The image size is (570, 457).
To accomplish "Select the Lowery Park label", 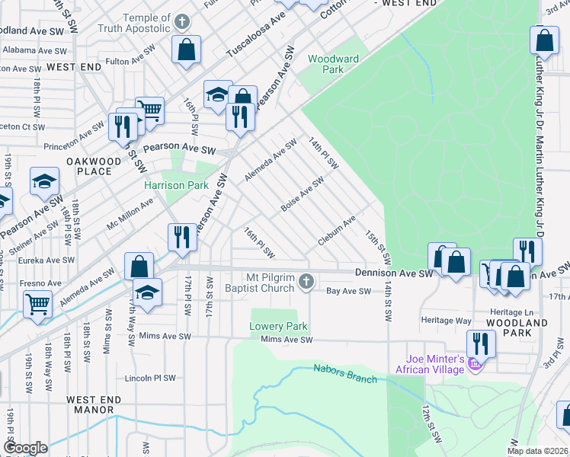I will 278,327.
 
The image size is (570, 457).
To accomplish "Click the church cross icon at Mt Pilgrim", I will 306,283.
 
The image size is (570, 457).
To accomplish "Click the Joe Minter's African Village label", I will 429,365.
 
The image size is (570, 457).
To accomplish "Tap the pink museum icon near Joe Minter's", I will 476,366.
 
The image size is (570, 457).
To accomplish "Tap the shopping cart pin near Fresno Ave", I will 37,304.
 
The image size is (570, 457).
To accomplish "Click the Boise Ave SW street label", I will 303,194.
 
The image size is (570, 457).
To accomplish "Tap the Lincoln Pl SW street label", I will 151,378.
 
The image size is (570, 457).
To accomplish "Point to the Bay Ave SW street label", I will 348,291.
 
